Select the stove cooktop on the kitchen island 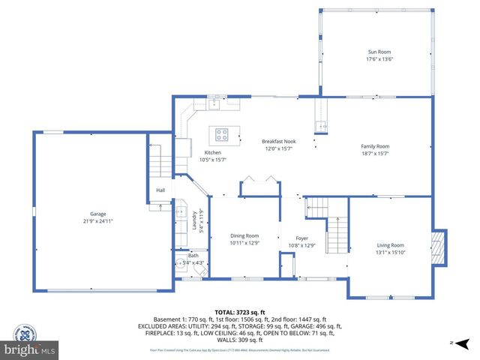coord(223,135)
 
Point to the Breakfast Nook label coord(278,141)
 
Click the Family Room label coord(375,146)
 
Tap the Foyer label coord(301,238)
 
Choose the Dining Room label coord(244,236)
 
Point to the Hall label coord(160,190)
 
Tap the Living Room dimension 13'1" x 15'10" coord(390,253)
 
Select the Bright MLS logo coord(30,349)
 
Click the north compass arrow coord(463,343)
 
